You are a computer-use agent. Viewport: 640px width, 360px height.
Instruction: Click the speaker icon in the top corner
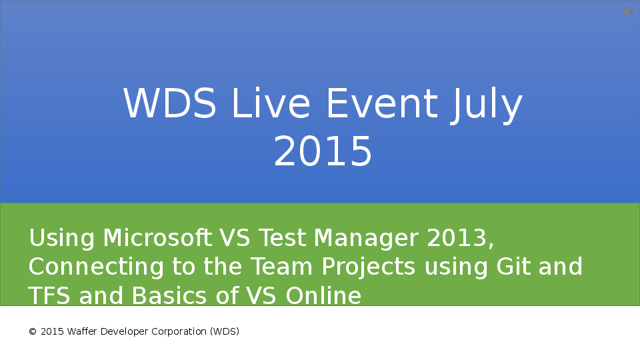tap(628, 11)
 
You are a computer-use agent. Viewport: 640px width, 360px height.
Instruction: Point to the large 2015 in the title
tap(323, 152)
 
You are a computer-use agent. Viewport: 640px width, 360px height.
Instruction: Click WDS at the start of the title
tap(170, 105)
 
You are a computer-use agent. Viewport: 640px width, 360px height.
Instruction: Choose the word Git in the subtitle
tap(514, 267)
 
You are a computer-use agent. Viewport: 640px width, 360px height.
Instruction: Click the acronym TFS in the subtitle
tap(50, 295)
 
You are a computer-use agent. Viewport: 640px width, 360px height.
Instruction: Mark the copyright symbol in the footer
tap(32, 331)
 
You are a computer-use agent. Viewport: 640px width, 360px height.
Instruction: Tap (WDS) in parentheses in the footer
tap(224, 331)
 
